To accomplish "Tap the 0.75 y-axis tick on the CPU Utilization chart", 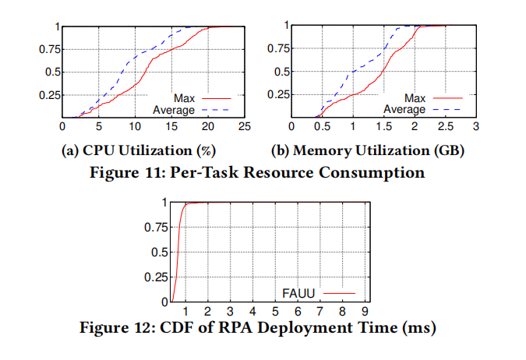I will click(48, 49).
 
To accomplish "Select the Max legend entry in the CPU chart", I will click(183, 99).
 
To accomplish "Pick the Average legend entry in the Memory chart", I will click(404, 110).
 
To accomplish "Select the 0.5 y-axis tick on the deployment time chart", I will click(157, 252).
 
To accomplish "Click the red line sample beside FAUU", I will click(338, 293).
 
